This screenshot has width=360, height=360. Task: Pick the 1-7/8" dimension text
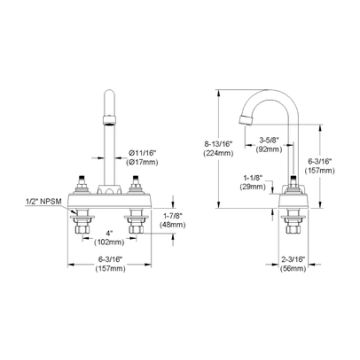[x=171, y=217]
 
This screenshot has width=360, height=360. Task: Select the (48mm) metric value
[x=171, y=227]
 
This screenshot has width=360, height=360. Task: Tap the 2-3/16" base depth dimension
[x=294, y=258]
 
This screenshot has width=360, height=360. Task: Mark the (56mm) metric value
[x=294, y=268]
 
